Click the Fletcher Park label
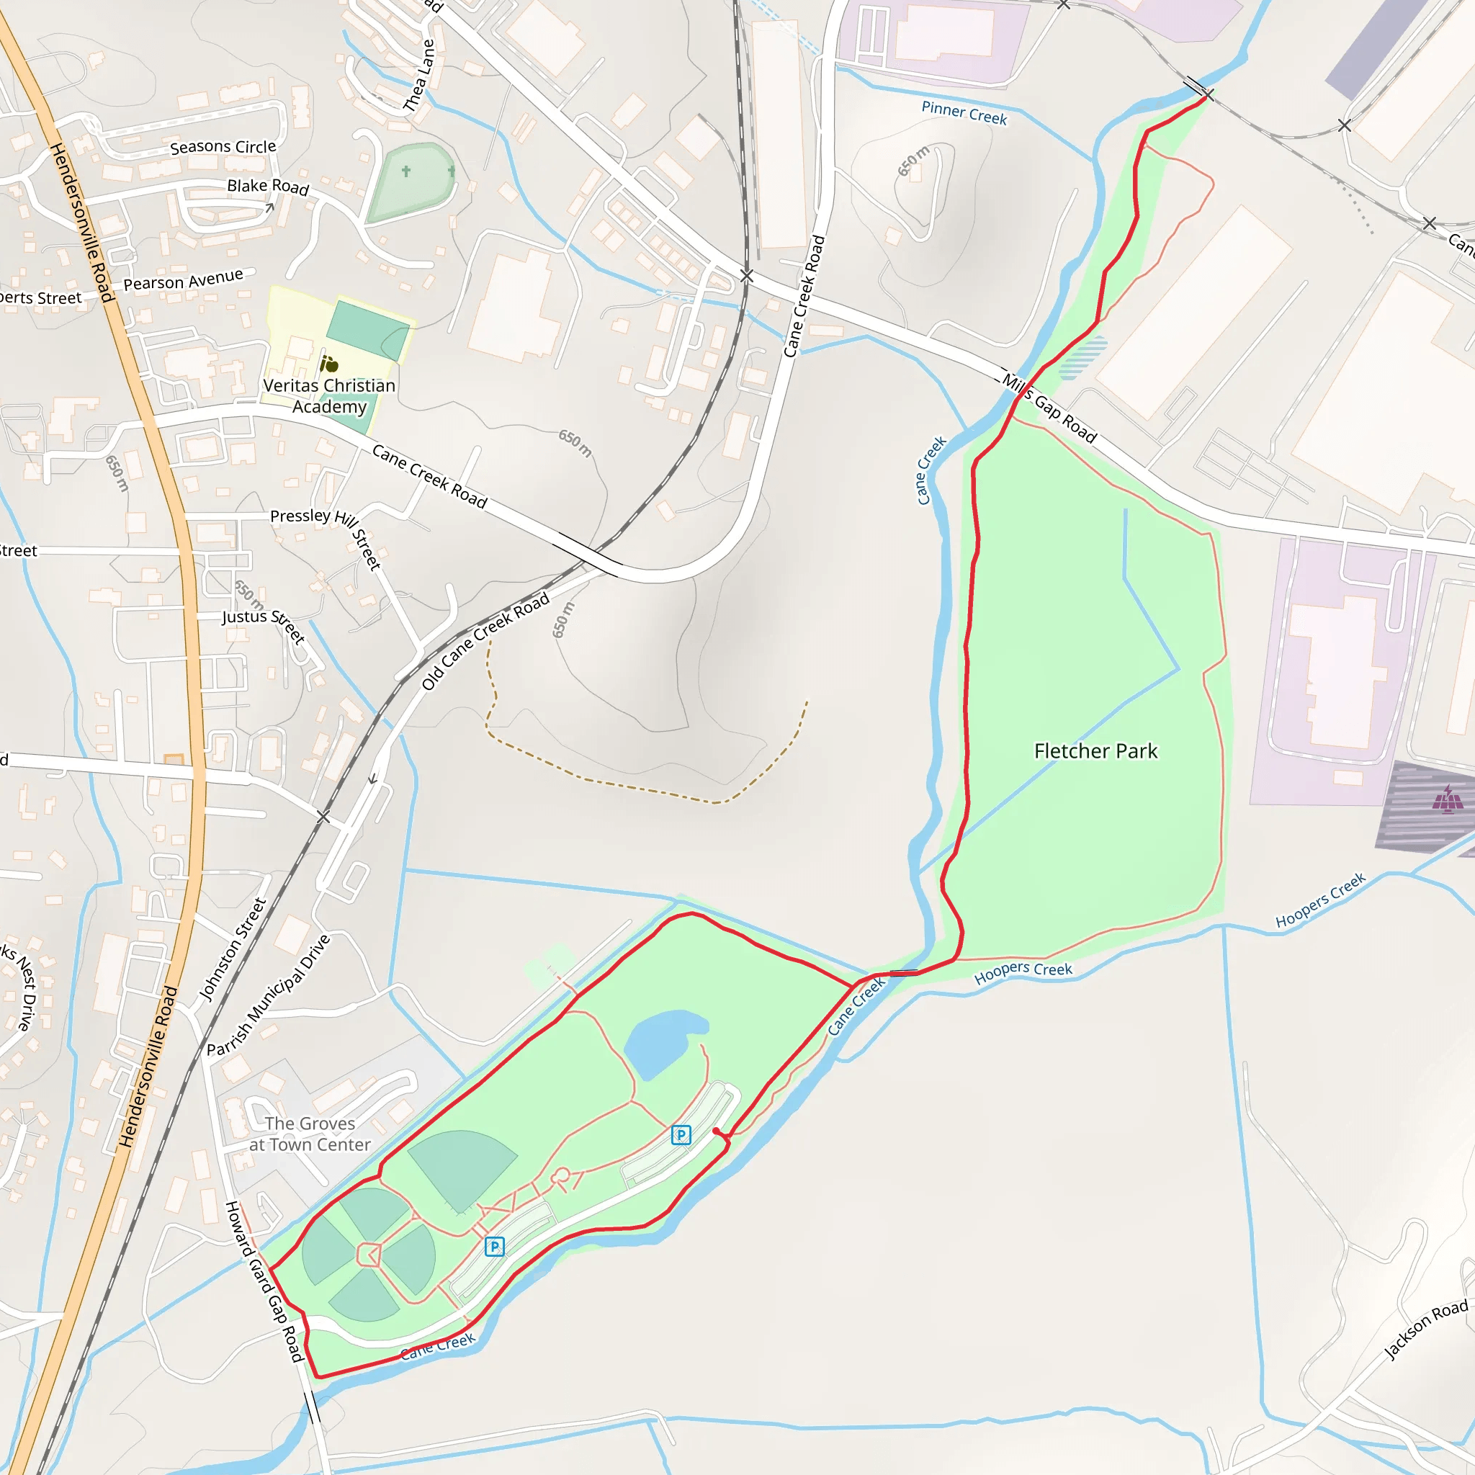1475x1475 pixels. [x=1095, y=751]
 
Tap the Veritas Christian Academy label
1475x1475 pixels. [x=329, y=395]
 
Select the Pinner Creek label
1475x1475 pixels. [x=964, y=113]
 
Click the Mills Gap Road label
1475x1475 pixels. [x=1050, y=408]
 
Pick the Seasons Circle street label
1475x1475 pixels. [x=223, y=147]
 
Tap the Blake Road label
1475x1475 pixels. [x=268, y=187]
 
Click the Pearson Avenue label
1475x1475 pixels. [x=183, y=280]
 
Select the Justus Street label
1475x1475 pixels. [x=264, y=625]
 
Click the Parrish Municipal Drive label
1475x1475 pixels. [x=269, y=995]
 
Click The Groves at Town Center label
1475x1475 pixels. [x=310, y=1134]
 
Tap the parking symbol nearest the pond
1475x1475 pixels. [x=681, y=1134]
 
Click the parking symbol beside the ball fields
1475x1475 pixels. [x=495, y=1247]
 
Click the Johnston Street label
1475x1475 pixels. [x=232, y=949]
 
